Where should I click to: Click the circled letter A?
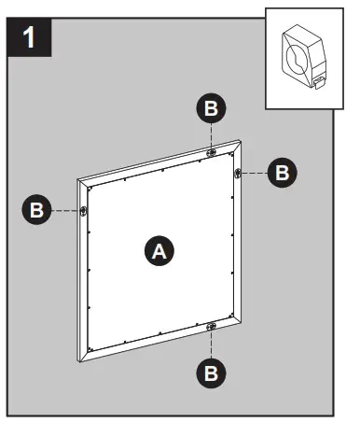point(159,250)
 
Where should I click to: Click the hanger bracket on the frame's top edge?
point(213,151)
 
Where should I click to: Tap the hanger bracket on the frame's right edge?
point(240,172)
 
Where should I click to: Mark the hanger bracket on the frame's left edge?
point(84,211)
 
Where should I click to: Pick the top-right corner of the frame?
point(245,141)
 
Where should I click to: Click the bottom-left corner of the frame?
point(78,360)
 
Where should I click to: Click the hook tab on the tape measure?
point(319,85)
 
